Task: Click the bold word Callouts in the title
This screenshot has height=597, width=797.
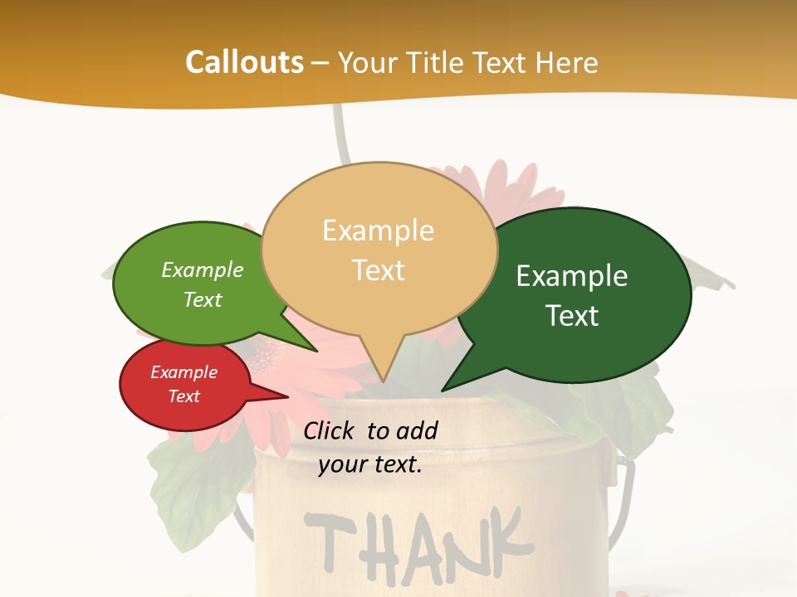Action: click(244, 62)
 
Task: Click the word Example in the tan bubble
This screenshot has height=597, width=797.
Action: click(378, 231)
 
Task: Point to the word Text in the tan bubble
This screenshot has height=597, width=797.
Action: click(378, 270)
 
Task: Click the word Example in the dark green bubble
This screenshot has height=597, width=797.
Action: click(572, 276)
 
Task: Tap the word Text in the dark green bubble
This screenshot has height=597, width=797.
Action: click(572, 316)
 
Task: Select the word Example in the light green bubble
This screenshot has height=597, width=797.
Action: click(203, 270)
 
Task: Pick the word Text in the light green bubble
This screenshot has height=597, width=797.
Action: click(203, 299)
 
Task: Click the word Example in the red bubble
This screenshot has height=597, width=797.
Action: click(183, 372)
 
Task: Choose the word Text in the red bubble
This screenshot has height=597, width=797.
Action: click(183, 396)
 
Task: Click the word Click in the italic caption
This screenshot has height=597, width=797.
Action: click(330, 430)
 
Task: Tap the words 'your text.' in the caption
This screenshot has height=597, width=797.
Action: click(370, 464)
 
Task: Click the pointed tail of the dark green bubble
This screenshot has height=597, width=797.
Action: click(443, 390)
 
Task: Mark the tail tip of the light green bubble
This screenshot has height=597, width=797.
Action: click(316, 351)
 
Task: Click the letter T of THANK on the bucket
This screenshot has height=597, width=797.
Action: click(325, 543)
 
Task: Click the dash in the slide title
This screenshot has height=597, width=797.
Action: click(320, 63)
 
